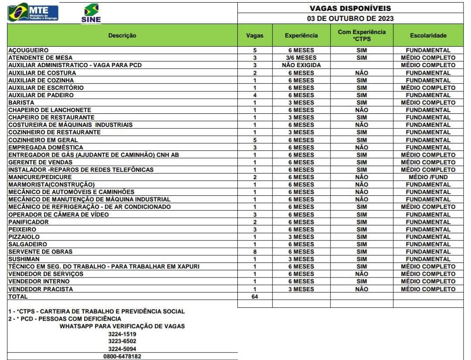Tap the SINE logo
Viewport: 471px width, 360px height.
(x=91, y=13)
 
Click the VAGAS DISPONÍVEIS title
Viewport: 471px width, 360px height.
(x=350, y=8)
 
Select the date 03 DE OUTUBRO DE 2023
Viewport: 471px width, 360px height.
(x=350, y=18)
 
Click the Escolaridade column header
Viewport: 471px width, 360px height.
(x=428, y=35)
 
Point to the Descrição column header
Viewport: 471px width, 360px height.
(x=122, y=35)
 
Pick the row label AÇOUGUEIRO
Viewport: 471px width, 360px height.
(x=28, y=50)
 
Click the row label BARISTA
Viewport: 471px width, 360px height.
(x=21, y=102)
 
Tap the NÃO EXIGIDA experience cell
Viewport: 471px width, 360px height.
(x=301, y=65)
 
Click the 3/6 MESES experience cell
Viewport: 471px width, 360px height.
(x=301, y=58)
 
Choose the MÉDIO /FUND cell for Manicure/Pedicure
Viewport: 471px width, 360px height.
(x=428, y=177)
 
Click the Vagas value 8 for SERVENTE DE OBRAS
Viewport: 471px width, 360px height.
(x=255, y=251)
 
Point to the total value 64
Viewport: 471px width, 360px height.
(x=255, y=296)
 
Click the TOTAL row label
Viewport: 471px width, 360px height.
(x=18, y=296)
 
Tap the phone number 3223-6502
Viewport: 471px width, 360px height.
(x=122, y=341)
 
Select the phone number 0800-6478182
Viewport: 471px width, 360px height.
(x=122, y=356)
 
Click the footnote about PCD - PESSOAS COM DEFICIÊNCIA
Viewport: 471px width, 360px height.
(x=65, y=319)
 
